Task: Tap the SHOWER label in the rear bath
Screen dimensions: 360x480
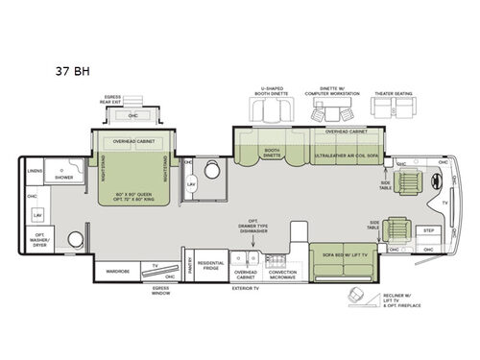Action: [x=64, y=177]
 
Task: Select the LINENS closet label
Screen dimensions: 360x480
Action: [x=34, y=172]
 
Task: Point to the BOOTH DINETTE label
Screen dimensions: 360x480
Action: [x=272, y=152]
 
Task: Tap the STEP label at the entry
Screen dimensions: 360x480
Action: [x=429, y=231]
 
